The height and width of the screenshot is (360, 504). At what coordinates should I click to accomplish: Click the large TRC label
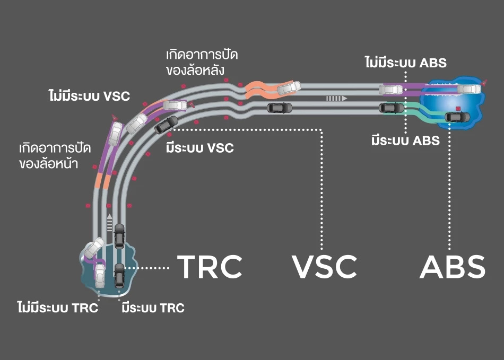[x=209, y=267]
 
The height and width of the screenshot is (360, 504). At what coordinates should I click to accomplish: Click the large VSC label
[x=324, y=267]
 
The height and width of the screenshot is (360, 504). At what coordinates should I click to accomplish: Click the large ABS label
[x=452, y=267]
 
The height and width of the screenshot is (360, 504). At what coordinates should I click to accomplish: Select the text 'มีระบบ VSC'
[x=199, y=147]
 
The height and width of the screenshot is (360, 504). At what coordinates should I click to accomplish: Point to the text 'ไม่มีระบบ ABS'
[x=405, y=63]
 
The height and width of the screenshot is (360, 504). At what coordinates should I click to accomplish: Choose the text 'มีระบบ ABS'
[x=405, y=141]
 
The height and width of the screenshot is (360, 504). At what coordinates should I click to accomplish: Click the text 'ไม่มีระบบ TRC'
[x=57, y=308]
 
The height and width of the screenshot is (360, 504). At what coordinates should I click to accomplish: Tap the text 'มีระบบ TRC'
[x=153, y=308]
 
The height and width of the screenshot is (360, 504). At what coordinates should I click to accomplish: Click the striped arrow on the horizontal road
[x=336, y=99]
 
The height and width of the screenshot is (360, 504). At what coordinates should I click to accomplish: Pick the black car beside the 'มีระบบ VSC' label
[x=166, y=124]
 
